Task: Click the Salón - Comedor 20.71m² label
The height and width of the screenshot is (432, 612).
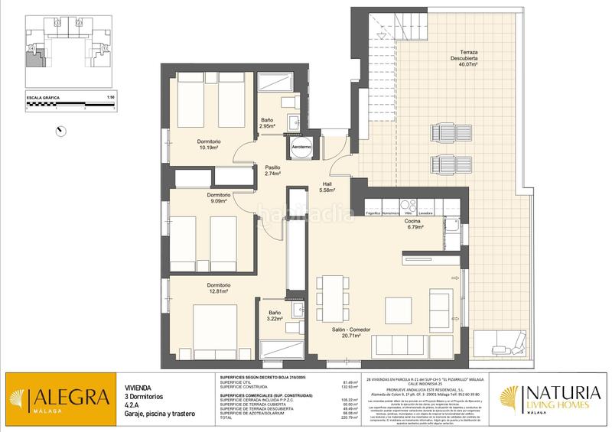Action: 351,333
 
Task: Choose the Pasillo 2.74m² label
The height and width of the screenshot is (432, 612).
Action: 273,171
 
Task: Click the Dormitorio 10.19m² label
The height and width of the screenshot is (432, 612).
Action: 208,145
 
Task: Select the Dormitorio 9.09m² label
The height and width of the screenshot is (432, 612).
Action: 219,199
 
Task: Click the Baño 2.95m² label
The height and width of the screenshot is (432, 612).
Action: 267,123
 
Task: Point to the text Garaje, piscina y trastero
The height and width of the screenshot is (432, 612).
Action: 157,414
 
